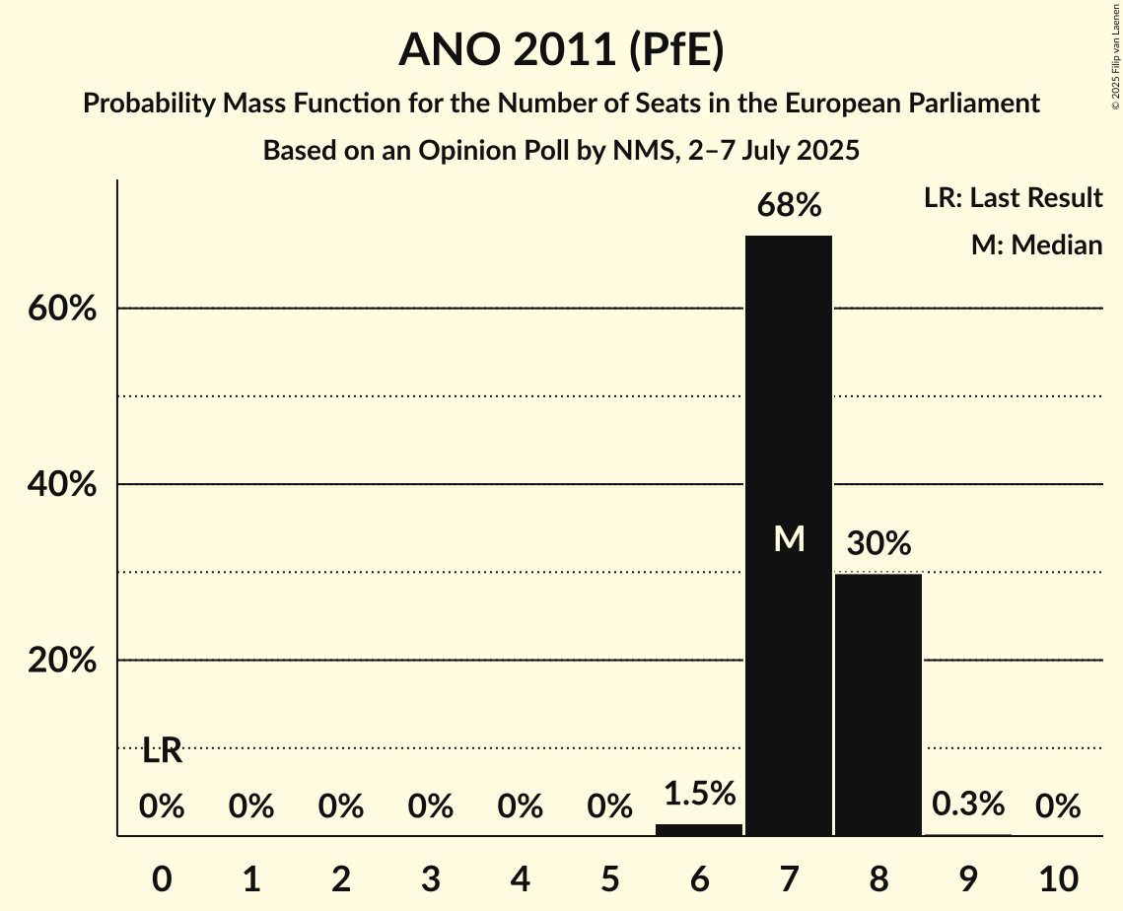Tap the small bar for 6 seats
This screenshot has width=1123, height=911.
pos(698,829)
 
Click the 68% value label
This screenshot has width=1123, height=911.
pos(788,206)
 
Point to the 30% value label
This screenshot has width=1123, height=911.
pos(877,543)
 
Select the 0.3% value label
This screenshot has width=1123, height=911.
pos(967,805)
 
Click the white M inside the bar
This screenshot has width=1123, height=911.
pos(789,539)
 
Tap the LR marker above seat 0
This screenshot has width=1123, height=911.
pos(162,751)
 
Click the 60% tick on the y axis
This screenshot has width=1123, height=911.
pos(62,310)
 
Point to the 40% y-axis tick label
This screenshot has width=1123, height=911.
pos(62,485)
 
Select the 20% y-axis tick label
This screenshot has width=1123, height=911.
pos(62,662)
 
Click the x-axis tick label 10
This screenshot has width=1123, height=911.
pos(1057,877)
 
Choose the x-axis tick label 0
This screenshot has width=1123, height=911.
pos(162,877)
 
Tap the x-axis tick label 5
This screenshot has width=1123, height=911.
pos(609,877)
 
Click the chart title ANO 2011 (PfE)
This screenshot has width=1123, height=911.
pos(561,50)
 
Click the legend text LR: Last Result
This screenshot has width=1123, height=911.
pos(1013,198)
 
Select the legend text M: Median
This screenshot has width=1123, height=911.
pos(1036,245)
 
